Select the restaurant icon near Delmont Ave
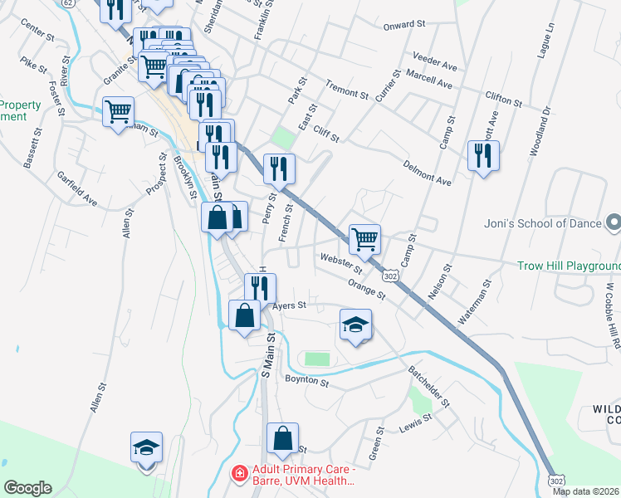pos(484,155)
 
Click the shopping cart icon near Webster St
pos(364,239)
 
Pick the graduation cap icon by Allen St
pos(147,448)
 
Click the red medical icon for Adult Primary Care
pos(239,473)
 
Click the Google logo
pos(27,488)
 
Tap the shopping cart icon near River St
pos(119,110)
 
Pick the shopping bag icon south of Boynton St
pos(282,437)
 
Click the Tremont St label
pos(346,89)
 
